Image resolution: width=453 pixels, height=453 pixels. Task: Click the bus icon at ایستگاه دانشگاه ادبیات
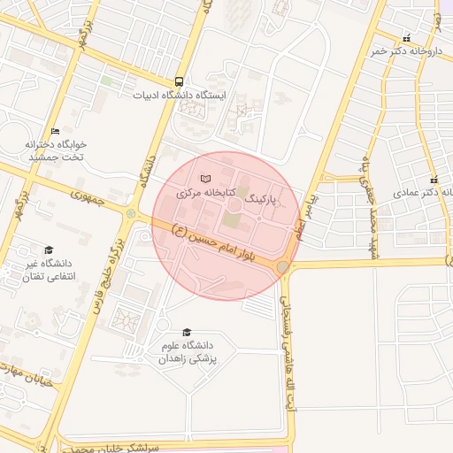click(180, 80)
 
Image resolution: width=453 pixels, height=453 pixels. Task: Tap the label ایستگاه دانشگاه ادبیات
click(180, 94)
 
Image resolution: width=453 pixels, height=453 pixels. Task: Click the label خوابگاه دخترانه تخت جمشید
click(54, 150)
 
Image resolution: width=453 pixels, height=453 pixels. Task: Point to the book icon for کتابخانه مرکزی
click(206, 180)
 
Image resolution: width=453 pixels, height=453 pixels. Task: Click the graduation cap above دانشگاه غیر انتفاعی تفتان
click(49, 250)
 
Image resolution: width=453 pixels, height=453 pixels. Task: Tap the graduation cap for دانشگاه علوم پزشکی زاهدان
click(187, 332)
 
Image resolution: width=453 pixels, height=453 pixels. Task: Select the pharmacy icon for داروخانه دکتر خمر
click(406, 38)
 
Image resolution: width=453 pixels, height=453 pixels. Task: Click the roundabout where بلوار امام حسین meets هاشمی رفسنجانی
click(283, 266)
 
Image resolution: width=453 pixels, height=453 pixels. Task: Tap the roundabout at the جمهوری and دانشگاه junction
click(132, 214)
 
